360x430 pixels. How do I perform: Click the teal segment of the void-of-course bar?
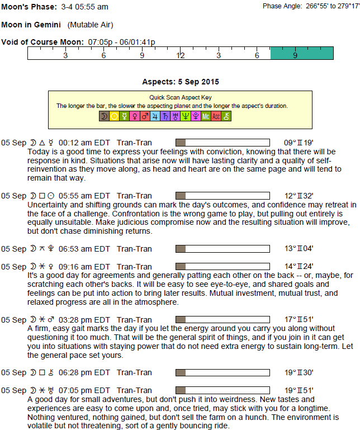[302, 54]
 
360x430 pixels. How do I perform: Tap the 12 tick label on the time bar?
[181, 56]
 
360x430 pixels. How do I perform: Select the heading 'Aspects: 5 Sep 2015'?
[180, 82]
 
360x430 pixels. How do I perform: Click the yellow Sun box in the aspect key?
[115, 117]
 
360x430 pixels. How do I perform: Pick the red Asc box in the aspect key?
[216, 117]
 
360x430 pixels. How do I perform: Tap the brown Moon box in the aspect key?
[104, 117]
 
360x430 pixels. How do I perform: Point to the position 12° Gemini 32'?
[299, 196]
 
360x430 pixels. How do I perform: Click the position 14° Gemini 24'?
[299, 267]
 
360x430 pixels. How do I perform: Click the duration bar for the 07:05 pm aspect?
[222, 390]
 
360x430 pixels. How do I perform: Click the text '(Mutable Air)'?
[90, 25]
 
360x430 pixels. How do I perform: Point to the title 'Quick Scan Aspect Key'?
[180, 97]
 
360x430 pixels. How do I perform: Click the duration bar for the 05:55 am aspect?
[222, 196]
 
